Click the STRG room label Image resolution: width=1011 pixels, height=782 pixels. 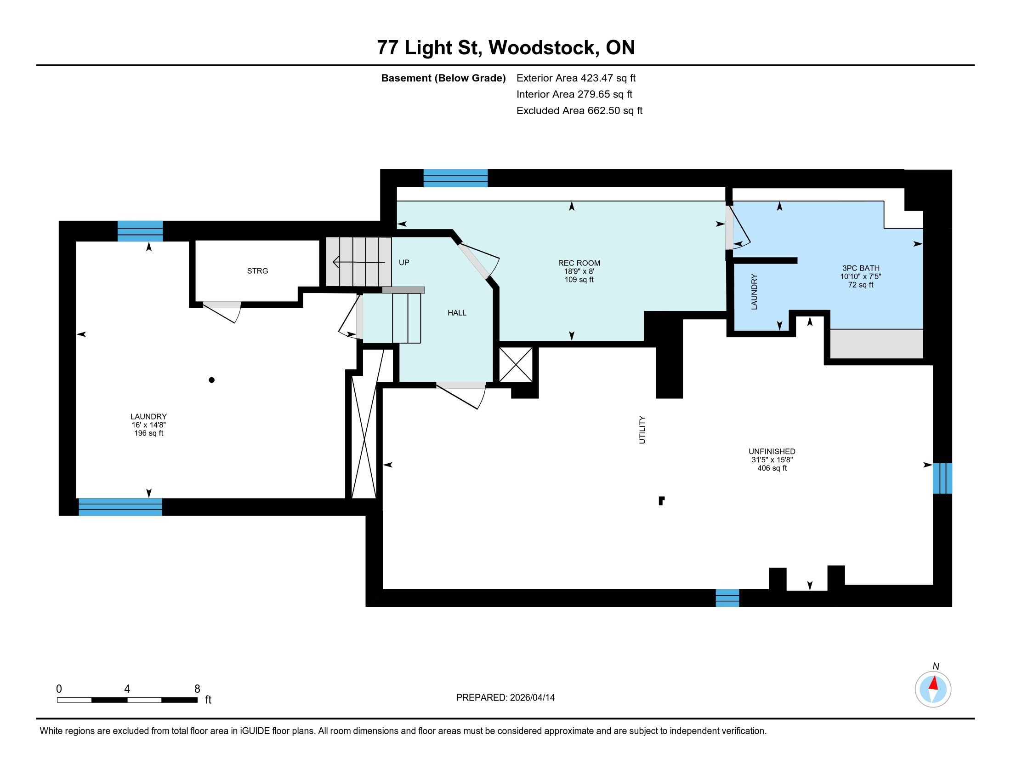[x=257, y=271]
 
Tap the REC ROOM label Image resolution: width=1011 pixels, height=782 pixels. [x=579, y=263]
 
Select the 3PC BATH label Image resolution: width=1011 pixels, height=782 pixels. [x=861, y=268]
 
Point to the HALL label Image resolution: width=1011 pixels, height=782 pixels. [x=457, y=313]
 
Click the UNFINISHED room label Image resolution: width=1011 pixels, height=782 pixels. [x=772, y=451]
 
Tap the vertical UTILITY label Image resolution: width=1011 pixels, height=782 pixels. [x=642, y=430]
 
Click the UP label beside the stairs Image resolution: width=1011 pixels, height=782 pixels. [x=404, y=263]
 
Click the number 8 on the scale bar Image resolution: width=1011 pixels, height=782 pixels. [x=197, y=689]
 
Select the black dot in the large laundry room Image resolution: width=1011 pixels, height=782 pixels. [x=211, y=380]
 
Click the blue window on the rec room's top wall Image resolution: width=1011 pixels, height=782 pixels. [x=455, y=178]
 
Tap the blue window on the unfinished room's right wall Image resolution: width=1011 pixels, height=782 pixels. [x=942, y=478]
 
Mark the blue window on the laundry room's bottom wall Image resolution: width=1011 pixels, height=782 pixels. [x=120, y=507]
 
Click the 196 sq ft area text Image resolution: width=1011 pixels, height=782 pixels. [x=148, y=433]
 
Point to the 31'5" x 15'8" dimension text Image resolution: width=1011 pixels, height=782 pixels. [x=772, y=460]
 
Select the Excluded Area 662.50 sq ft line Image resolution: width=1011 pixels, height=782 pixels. [x=579, y=111]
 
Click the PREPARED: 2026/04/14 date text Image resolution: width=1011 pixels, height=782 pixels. [x=505, y=698]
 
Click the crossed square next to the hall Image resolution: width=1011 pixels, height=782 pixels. [x=516, y=365]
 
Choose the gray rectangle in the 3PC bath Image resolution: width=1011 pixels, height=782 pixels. [x=876, y=343]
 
